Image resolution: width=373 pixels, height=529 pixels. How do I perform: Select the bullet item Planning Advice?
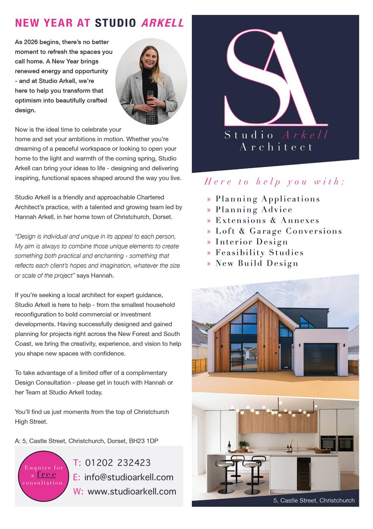[254, 209]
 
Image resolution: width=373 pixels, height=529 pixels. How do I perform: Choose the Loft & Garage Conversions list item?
[278, 231]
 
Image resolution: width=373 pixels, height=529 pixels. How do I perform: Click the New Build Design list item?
[257, 263]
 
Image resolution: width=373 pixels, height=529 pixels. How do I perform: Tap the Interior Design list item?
[252, 242]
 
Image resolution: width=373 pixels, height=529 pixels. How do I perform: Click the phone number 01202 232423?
[118, 462]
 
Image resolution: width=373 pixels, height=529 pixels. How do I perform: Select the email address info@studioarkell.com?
[129, 477]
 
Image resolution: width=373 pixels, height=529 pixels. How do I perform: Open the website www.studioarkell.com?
[131, 491]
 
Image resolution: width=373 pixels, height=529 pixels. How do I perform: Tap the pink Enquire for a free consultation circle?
[43, 475]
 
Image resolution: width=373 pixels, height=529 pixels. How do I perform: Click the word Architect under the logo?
[276, 147]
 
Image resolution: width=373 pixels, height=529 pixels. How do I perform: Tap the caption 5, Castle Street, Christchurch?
[314, 501]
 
